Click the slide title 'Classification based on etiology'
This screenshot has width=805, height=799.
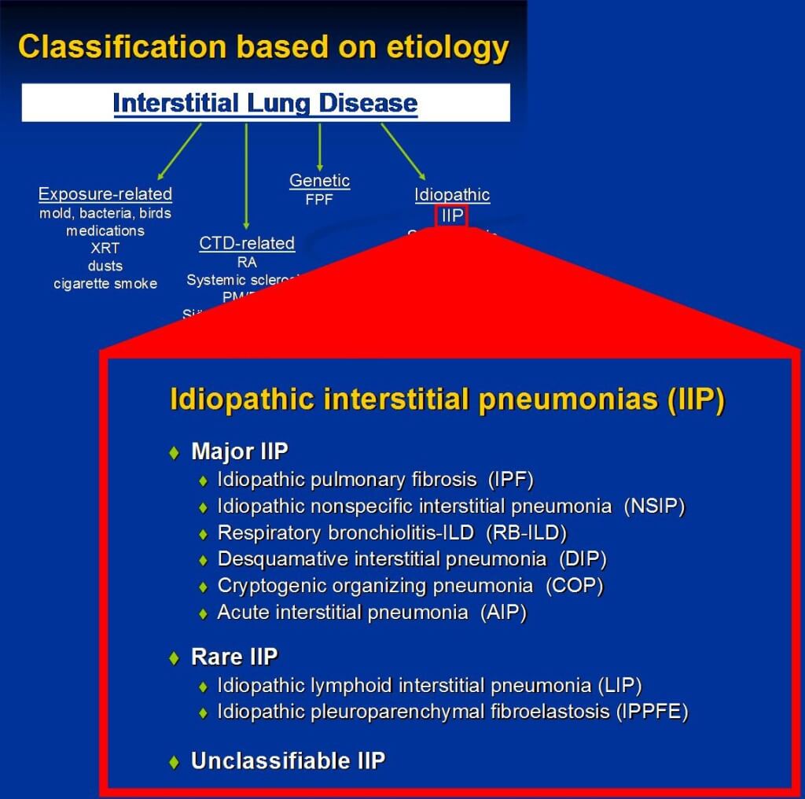(263, 47)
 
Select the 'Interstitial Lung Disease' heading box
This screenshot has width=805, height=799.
(265, 103)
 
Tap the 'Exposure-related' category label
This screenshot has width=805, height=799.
(105, 194)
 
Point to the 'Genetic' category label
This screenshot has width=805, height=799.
(319, 181)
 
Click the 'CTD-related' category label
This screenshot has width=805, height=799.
(247, 243)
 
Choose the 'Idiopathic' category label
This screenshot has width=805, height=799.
(452, 195)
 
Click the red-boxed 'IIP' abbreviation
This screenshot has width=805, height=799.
(452, 215)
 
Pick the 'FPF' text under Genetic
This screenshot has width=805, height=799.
(319, 200)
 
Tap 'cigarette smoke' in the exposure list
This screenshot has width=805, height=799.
(105, 284)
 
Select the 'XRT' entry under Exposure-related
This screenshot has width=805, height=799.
(105, 249)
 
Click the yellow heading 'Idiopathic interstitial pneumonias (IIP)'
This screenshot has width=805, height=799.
(447, 399)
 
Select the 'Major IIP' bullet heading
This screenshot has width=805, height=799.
(239, 451)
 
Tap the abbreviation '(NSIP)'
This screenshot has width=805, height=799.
(654, 506)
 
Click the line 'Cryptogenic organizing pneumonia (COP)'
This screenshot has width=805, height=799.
(410, 586)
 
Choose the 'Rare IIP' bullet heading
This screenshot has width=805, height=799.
(233, 657)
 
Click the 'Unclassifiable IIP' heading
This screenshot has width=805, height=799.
(288, 761)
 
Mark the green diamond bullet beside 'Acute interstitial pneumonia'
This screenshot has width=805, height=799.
(204, 613)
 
